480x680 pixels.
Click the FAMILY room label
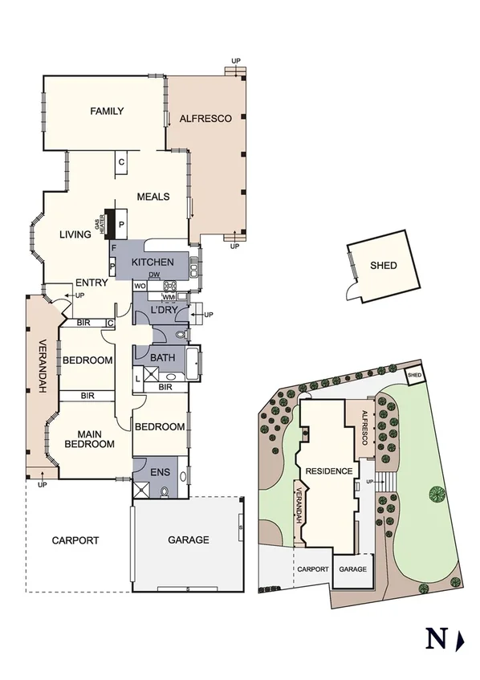pos(107,111)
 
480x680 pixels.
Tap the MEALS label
pos(153,196)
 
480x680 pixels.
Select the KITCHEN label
pos(153,263)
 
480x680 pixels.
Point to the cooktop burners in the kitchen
pos(171,286)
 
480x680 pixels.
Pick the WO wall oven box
pos(139,286)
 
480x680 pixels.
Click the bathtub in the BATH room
pos(193,363)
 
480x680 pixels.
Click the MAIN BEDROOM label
pos(89,438)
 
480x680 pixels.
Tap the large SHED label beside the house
pos(383,265)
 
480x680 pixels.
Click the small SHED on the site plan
pos(414,375)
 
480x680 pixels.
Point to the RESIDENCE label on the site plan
pos(329,471)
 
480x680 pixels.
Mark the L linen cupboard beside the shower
pos(138,377)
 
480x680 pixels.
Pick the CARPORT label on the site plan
pos(313,568)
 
